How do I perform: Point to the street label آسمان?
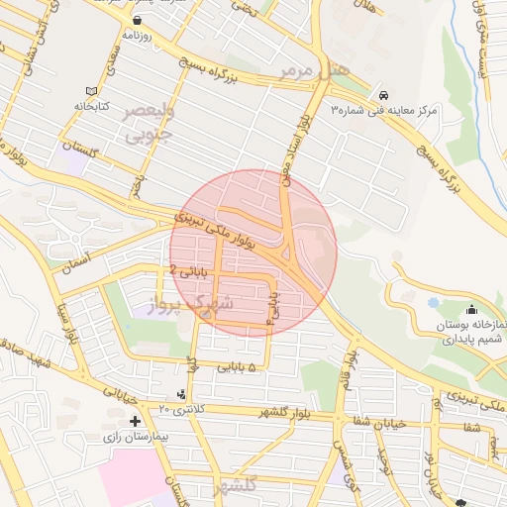73,261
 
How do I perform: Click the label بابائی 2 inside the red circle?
187,268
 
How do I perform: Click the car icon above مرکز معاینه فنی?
381,94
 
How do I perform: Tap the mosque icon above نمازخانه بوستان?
470,310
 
